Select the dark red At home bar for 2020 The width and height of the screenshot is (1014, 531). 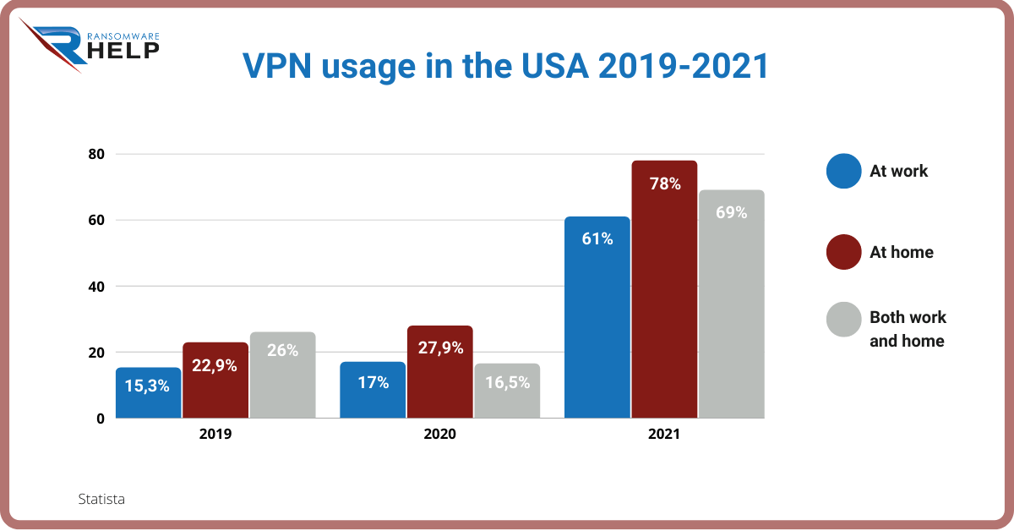click(x=439, y=372)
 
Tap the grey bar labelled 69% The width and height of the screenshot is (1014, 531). click(x=731, y=304)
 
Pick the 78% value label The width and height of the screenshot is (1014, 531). click(x=665, y=183)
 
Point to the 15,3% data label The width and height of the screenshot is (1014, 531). click(x=148, y=386)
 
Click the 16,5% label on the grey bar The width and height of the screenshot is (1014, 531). click(x=507, y=382)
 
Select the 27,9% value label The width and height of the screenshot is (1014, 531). click(x=439, y=348)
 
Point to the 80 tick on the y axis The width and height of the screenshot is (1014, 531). click(x=95, y=154)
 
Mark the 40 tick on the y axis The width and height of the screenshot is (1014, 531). click(x=95, y=286)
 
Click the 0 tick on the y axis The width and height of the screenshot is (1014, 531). click(x=100, y=418)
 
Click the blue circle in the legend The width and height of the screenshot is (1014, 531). click(x=843, y=171)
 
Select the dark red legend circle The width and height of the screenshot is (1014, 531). click(x=843, y=252)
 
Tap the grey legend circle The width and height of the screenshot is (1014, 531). click(x=843, y=320)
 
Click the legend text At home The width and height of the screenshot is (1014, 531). click(x=901, y=252)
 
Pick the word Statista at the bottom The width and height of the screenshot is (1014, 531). click(x=101, y=499)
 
